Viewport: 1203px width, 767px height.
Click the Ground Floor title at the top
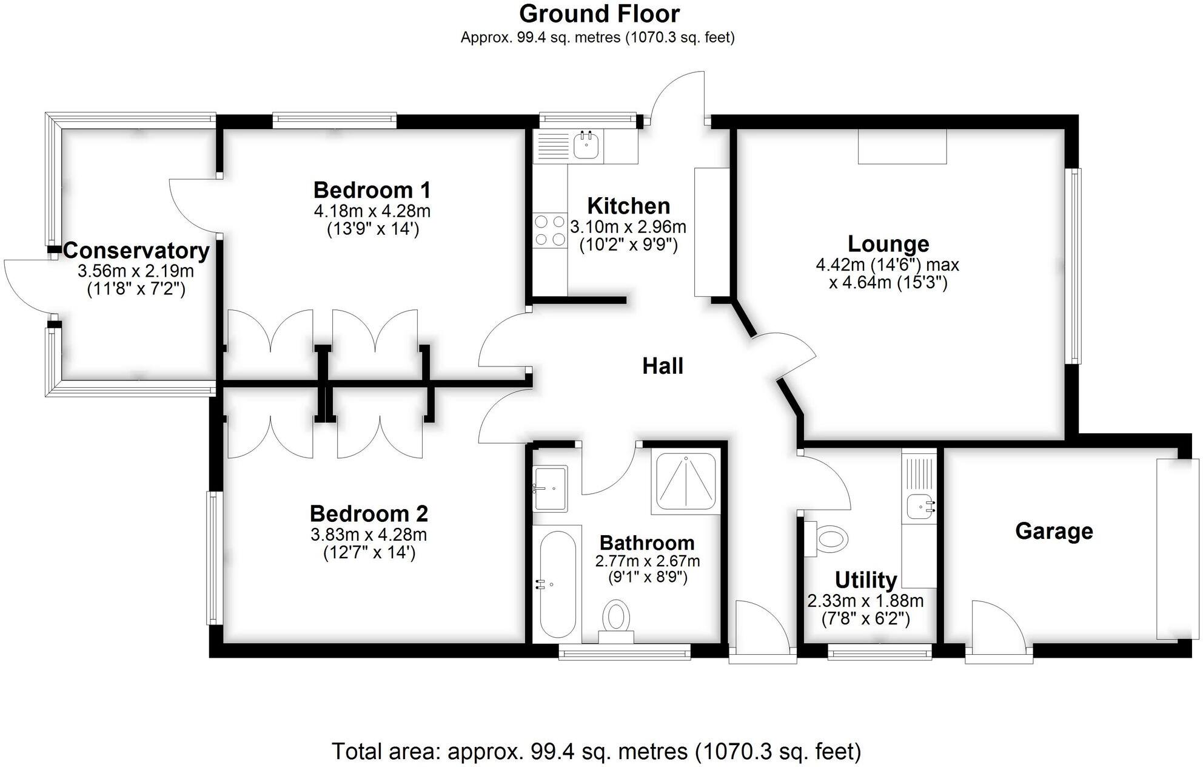[599, 14]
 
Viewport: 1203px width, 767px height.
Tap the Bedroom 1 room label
[372, 190]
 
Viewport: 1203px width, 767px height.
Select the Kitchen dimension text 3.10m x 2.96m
[628, 227]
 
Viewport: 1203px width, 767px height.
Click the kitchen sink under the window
[586, 146]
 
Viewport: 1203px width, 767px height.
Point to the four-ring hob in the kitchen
[550, 231]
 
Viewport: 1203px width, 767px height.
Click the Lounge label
[888, 243]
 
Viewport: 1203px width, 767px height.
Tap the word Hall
[663, 366]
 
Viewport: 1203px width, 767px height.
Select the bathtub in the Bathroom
[558, 584]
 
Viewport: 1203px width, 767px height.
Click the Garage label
[1054, 531]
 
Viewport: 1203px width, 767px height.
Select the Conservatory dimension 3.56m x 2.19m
[136, 271]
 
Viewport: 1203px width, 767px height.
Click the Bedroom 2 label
[369, 513]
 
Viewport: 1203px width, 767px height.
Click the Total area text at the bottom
[596, 751]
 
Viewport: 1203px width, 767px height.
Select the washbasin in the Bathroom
[551, 488]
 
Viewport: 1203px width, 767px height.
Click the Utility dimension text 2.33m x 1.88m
[865, 601]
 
